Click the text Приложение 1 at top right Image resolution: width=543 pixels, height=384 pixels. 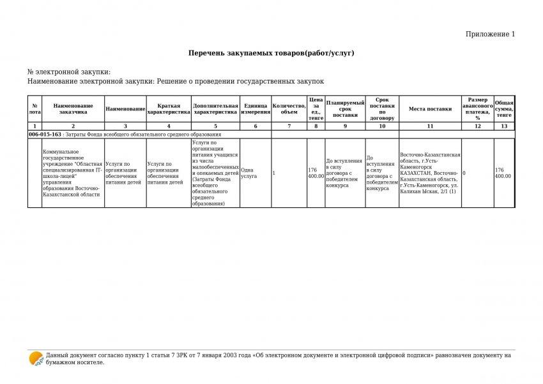490,34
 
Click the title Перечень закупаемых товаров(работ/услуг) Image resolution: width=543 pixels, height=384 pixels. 271,53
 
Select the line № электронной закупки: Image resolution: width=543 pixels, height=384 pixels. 69,72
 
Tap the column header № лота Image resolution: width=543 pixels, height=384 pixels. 34,109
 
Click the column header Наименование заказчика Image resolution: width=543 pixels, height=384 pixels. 73,109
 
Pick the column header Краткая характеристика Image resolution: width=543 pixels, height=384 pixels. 169,109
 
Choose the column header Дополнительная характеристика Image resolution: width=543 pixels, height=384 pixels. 215,109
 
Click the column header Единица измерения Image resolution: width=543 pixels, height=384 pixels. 256,109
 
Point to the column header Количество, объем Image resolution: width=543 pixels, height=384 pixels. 289,109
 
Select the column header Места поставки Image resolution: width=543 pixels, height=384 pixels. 430,109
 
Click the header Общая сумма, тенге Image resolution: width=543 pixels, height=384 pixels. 504,109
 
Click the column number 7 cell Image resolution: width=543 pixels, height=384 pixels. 289,126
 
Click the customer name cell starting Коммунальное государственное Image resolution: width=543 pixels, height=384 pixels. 71,173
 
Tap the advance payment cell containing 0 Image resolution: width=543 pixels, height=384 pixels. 464,173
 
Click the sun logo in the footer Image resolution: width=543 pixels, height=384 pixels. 36,358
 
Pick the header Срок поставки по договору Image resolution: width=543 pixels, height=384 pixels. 382,109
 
